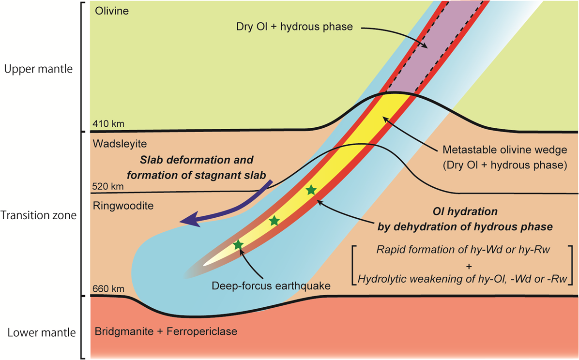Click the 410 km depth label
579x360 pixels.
click(x=108, y=124)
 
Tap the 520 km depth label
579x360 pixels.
click(x=108, y=186)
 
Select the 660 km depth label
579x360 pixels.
click(x=108, y=289)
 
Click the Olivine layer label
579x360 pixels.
click(x=112, y=11)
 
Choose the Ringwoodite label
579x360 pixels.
click(x=123, y=206)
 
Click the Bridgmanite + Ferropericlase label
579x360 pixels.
click(x=166, y=331)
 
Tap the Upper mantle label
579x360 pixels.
click(x=38, y=69)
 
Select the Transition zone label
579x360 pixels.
click(x=38, y=215)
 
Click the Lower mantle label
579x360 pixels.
click(x=42, y=333)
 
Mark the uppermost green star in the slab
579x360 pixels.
click(x=311, y=190)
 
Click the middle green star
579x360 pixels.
click(x=274, y=221)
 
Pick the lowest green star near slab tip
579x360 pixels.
click(x=238, y=244)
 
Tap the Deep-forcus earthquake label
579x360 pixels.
click(x=271, y=286)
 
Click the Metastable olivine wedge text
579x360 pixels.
click(x=505, y=150)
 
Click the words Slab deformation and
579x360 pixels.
click(x=197, y=160)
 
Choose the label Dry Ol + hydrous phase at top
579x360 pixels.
click(x=294, y=27)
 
